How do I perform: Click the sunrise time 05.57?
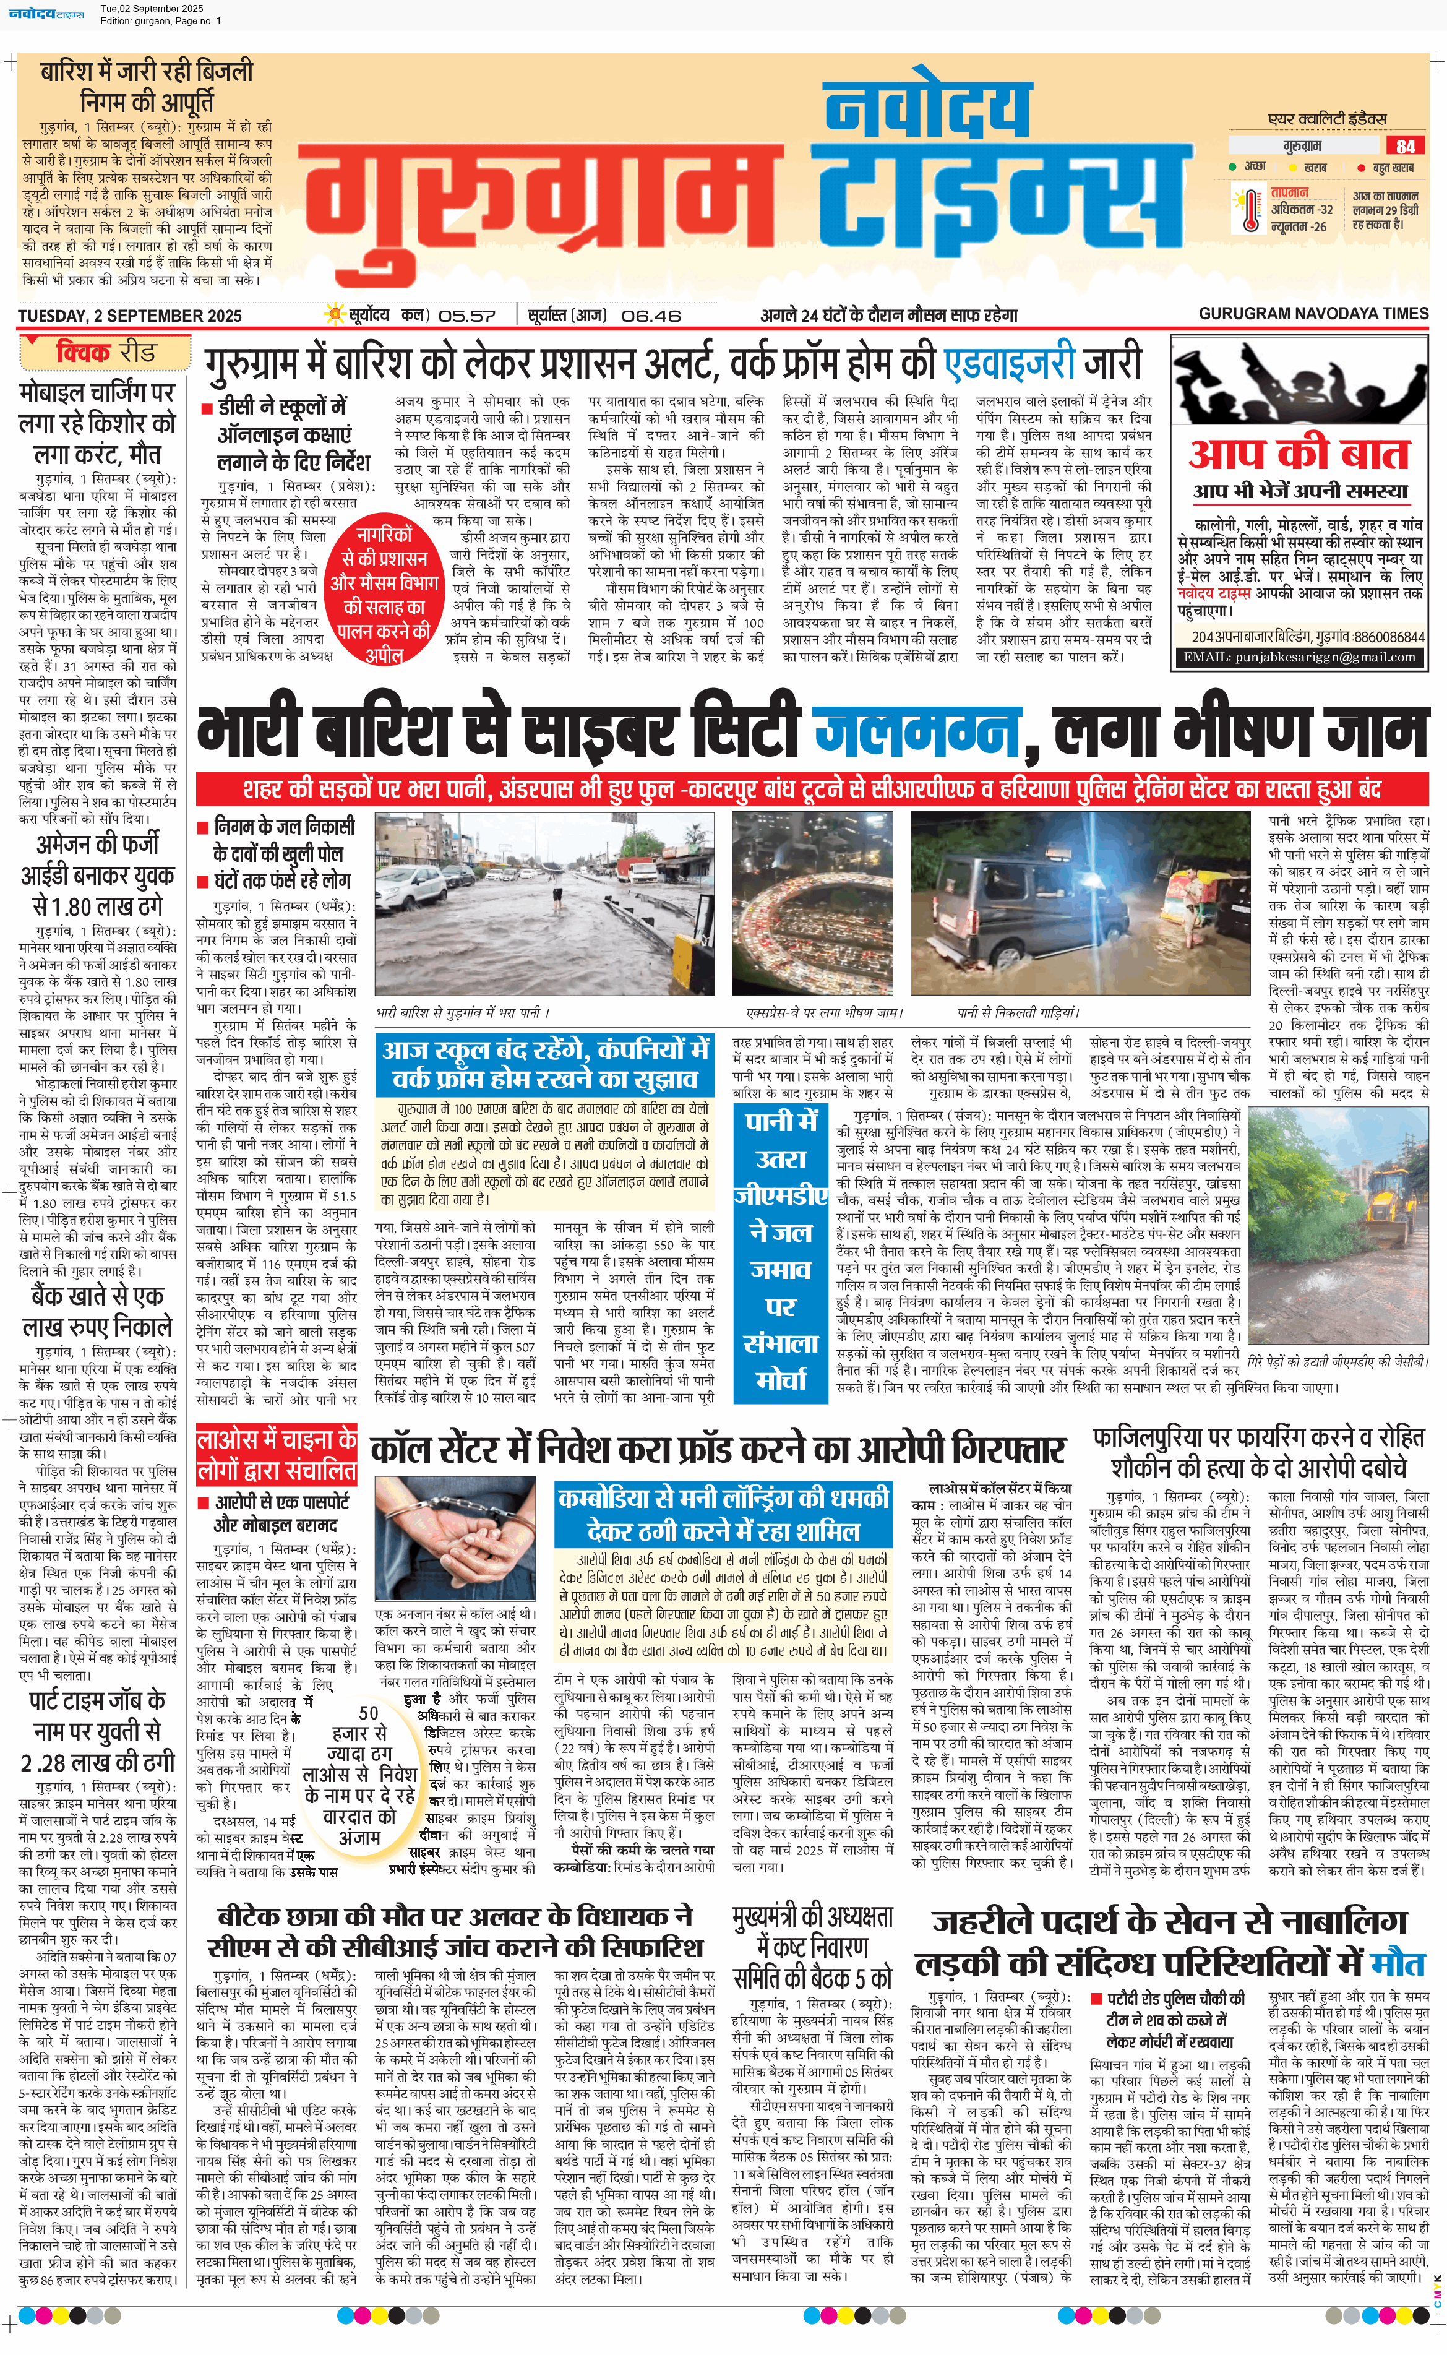click(467, 315)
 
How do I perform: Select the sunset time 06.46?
click(651, 315)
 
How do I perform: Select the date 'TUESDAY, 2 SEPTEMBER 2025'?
click(129, 316)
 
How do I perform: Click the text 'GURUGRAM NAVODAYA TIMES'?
click(1313, 314)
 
